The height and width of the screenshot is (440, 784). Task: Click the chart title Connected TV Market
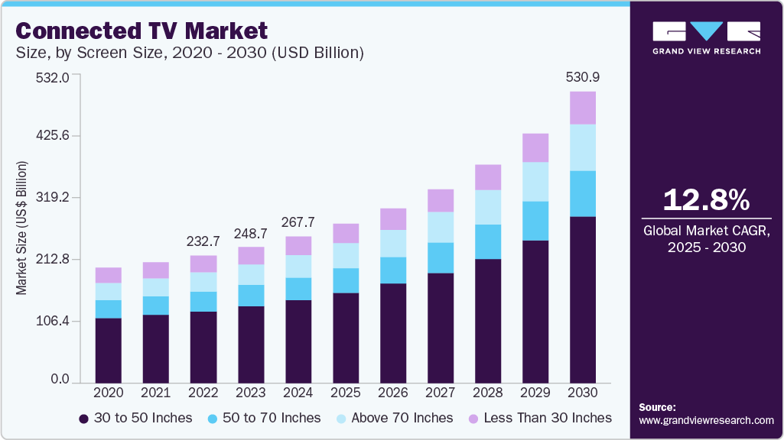(x=142, y=31)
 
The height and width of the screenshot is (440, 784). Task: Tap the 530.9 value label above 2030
(x=582, y=77)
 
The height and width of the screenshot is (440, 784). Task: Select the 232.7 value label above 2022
(x=203, y=241)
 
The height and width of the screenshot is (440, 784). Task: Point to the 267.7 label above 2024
(x=298, y=222)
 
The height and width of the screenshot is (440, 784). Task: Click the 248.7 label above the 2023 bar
(x=250, y=232)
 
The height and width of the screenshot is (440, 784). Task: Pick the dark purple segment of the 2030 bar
(x=582, y=299)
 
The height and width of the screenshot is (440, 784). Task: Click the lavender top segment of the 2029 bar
(x=535, y=147)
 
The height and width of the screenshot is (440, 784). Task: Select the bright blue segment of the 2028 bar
(x=487, y=241)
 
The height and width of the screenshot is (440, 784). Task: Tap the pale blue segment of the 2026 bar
(x=392, y=243)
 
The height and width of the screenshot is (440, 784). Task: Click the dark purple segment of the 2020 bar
(x=108, y=350)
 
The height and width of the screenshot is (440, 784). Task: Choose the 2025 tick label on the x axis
(x=345, y=393)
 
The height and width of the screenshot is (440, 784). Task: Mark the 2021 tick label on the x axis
(x=155, y=393)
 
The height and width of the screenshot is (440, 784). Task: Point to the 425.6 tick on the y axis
(x=51, y=136)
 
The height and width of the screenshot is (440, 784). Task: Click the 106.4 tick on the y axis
(x=51, y=321)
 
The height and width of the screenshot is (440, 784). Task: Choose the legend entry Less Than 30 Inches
(x=539, y=418)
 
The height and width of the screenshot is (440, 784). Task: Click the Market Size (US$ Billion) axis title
(x=22, y=228)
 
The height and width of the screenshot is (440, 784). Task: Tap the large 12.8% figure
(x=705, y=199)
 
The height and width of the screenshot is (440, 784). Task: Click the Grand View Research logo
(x=706, y=37)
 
